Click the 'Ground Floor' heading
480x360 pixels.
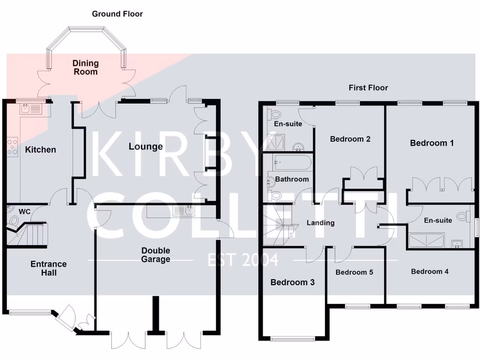(117, 14)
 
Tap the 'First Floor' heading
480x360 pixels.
(368, 88)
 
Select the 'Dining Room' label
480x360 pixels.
(85, 67)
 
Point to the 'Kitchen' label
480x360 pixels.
(40, 150)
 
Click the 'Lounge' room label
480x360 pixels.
(146, 147)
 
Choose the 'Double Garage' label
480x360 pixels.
(156, 255)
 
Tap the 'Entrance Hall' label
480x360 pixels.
(49, 268)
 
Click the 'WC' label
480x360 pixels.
(24, 212)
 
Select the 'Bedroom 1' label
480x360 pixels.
(432, 143)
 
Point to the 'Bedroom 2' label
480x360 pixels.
(350, 139)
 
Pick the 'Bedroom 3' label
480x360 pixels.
(292, 282)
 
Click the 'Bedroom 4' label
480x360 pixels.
(430, 271)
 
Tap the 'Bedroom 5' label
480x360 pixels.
(354, 272)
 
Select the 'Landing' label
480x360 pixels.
(321, 223)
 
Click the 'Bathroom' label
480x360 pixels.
(292, 179)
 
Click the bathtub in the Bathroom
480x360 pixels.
(291, 162)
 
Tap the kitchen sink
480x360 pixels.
(31, 110)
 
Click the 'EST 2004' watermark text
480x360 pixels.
(243, 259)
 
